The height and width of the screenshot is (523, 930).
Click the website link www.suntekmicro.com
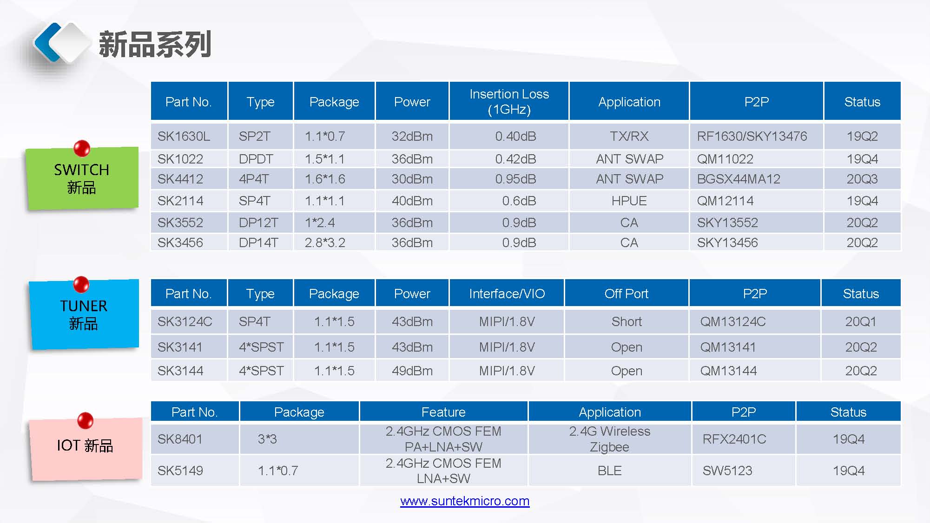coord(465,501)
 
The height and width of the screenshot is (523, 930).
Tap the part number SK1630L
coord(184,136)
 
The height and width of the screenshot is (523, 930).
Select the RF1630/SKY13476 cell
coord(752,136)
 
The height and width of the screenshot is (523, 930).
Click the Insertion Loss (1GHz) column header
coord(509,101)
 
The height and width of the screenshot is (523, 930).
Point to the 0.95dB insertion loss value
coord(515,179)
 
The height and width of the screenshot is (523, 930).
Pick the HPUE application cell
coord(629,201)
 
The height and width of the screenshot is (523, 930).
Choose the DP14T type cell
coord(258,242)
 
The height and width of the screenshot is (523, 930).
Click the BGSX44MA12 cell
coord(739,179)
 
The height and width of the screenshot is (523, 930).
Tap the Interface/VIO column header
coord(507,294)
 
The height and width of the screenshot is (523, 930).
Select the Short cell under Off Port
coord(627,321)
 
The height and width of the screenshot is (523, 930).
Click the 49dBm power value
coord(412,371)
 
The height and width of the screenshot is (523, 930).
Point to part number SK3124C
coord(185,321)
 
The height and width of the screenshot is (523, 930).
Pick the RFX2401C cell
coord(734,439)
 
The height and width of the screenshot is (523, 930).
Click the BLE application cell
coord(610,471)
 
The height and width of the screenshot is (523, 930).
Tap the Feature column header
coord(443,412)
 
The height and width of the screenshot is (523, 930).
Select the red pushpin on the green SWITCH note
coord(82,148)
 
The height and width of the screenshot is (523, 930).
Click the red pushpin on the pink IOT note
coord(85,420)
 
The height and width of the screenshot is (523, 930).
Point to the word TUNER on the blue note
coord(84,306)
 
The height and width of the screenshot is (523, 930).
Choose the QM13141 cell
coord(728,347)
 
